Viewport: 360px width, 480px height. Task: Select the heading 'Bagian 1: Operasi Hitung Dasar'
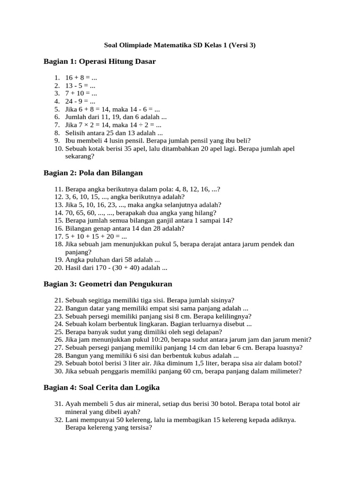click(99, 61)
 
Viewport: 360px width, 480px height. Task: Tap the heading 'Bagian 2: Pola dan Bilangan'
click(93, 173)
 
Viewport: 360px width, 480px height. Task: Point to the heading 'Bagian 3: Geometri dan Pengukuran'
click(108, 284)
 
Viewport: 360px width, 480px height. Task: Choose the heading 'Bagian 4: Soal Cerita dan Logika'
click(101, 388)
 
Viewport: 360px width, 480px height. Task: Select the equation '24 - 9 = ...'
click(81, 101)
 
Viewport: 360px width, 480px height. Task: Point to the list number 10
click(58, 149)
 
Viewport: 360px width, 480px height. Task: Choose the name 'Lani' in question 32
click(72, 420)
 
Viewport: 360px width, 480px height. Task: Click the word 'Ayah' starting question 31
click(73, 404)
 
